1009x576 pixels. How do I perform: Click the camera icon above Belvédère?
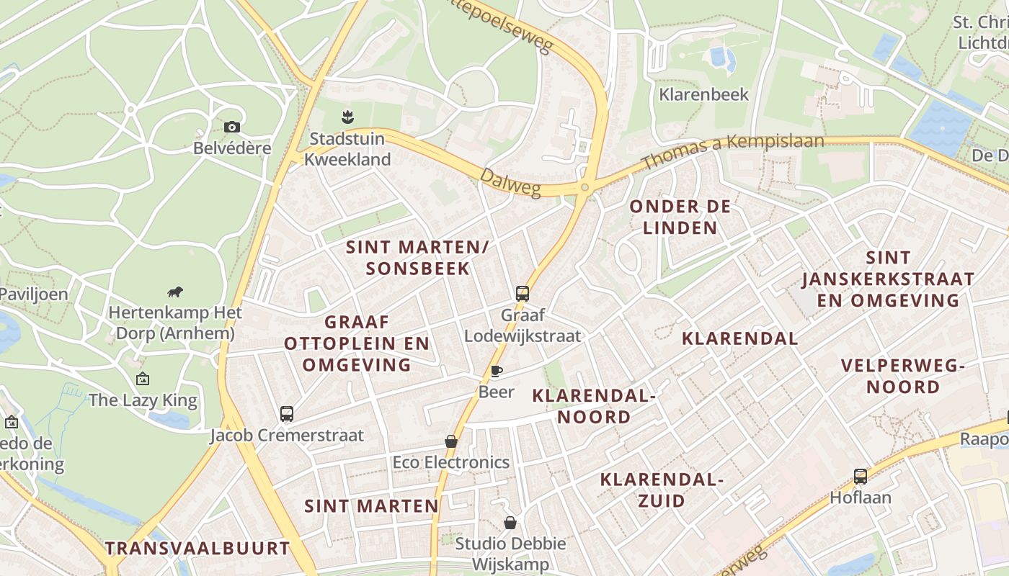[x=231, y=127]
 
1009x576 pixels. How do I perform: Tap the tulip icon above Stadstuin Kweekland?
[x=347, y=116]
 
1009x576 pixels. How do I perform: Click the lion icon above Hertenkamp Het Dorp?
[x=174, y=292]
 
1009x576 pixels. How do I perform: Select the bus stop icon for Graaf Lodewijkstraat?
[x=523, y=294]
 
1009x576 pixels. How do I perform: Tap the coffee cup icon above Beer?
[x=496, y=372]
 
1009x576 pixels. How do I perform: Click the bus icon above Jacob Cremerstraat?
[x=287, y=414]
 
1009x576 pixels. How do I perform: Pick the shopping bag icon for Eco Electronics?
[x=451, y=441]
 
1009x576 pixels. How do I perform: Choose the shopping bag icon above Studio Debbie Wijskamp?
[x=510, y=523]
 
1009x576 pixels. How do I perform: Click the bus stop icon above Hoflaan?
[x=861, y=476]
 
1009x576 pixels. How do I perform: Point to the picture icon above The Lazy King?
[x=143, y=379]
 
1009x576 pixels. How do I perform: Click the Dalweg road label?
[x=510, y=183]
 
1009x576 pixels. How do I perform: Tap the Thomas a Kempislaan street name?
[x=732, y=150]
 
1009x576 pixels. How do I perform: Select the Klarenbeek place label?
[x=704, y=94]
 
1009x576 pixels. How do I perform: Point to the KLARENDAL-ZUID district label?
[x=662, y=490]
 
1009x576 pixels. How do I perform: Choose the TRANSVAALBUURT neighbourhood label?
[x=197, y=548]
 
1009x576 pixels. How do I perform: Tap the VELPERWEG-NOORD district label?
[x=903, y=376]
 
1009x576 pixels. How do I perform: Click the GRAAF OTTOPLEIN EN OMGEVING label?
[x=357, y=343]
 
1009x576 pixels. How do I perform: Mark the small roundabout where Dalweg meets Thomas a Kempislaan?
[x=585, y=188]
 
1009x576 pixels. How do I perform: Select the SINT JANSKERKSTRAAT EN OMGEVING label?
[x=888, y=279]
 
